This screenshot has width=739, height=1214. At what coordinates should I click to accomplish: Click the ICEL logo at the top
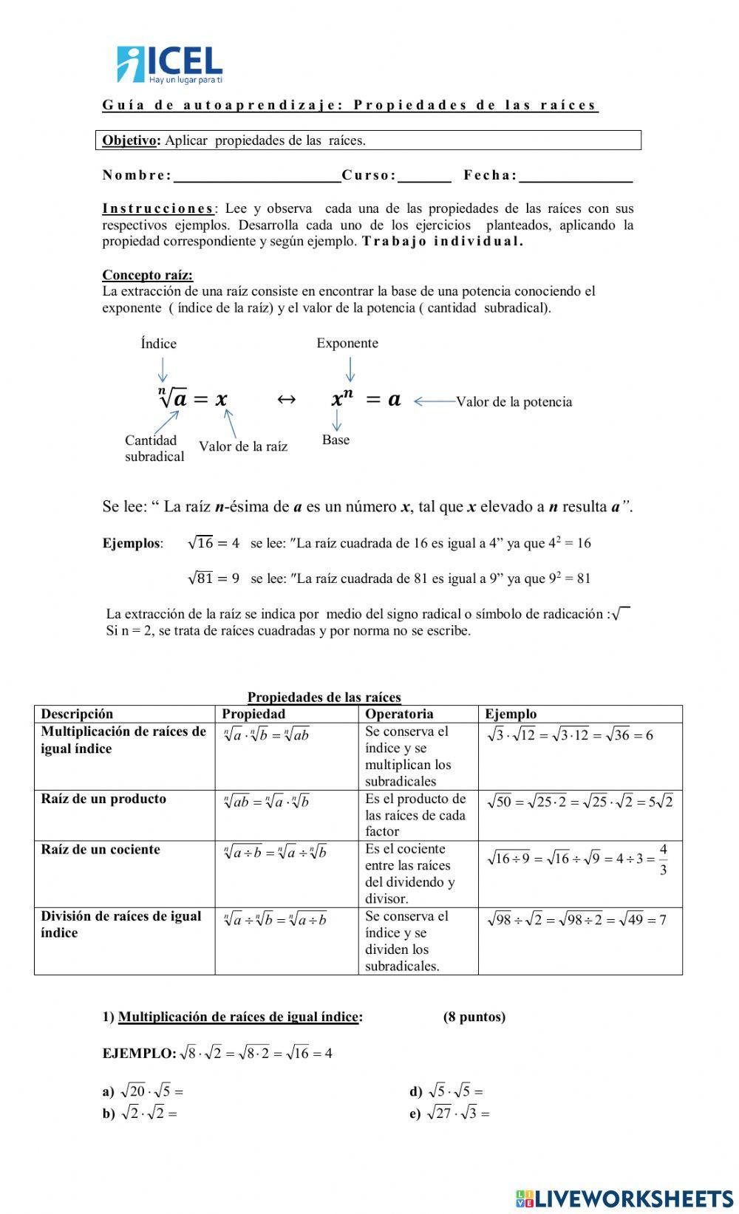point(169,64)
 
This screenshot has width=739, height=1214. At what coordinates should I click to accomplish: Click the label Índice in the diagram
point(159,344)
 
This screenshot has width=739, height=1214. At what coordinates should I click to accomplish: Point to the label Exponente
point(347,343)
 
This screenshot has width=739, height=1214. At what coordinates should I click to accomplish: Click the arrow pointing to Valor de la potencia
point(434,401)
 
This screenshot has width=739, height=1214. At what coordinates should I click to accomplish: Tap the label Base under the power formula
point(336,440)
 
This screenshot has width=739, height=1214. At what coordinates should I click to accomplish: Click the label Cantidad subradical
point(154,449)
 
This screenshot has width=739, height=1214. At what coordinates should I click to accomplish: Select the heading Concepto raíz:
point(148,276)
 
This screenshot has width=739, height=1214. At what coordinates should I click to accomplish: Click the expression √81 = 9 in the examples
point(214,579)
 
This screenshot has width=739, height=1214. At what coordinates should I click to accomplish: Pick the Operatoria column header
point(399,714)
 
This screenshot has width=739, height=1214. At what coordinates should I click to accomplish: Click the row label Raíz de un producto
point(103,799)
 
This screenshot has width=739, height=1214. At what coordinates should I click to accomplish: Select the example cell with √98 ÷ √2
point(576,920)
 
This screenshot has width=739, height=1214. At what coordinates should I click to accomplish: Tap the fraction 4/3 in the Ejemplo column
point(663,859)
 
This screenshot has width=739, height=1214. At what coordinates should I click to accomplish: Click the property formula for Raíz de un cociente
point(275,853)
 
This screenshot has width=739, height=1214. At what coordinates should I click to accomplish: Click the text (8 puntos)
point(474,1017)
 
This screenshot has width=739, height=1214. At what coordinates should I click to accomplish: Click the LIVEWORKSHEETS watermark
point(624,1198)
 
